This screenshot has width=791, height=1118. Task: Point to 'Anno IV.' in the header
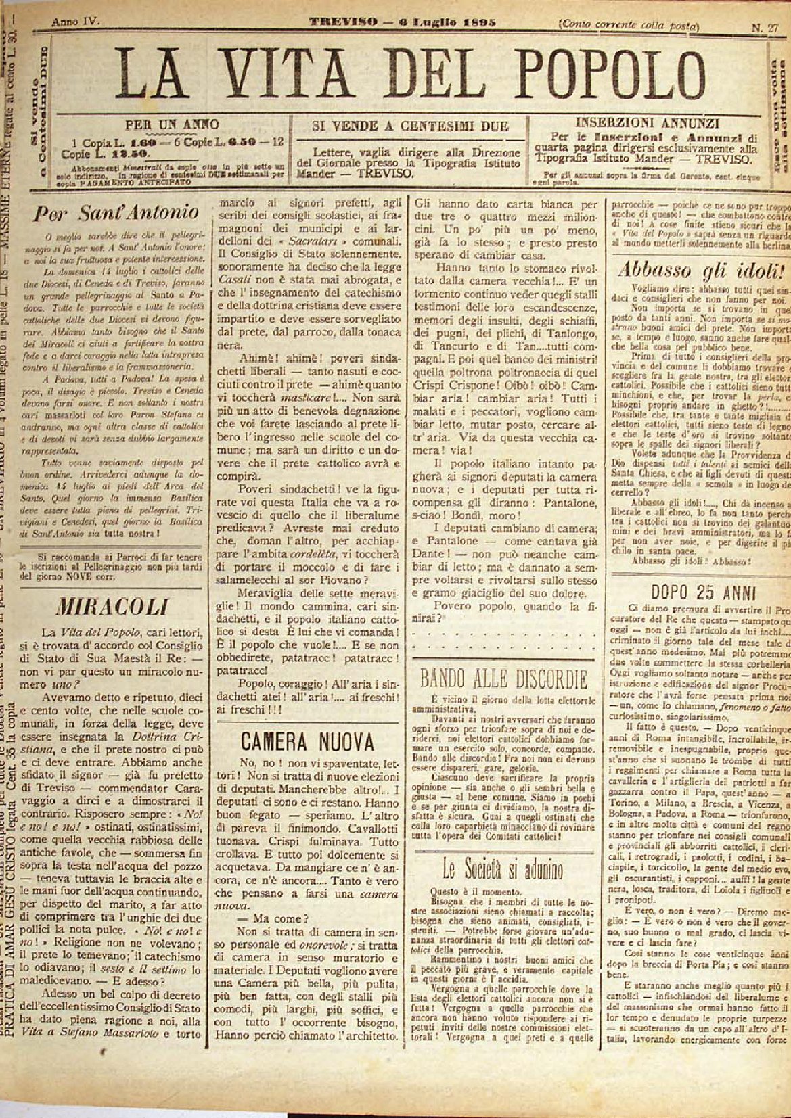[x=74, y=22]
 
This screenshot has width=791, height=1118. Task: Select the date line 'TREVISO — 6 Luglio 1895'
[x=403, y=22]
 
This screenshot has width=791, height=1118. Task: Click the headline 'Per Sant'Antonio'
[x=117, y=212]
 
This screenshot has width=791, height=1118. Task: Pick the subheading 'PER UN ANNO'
[x=173, y=124]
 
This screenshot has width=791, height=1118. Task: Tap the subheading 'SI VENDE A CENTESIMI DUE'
[x=409, y=126]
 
